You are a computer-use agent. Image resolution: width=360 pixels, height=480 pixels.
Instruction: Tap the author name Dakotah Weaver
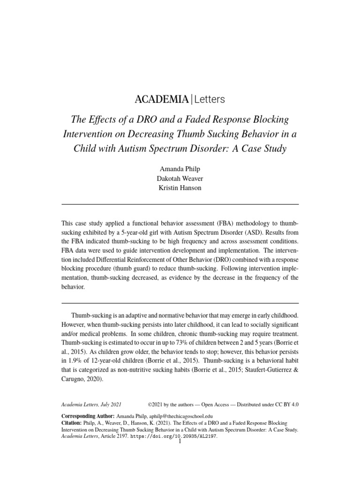click(180, 178)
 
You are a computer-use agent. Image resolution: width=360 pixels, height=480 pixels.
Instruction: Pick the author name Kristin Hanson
click(180, 187)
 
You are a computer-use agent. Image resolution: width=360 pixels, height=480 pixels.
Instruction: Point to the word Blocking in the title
click(269, 118)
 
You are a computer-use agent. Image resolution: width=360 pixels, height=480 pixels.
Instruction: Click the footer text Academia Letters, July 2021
click(91, 404)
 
